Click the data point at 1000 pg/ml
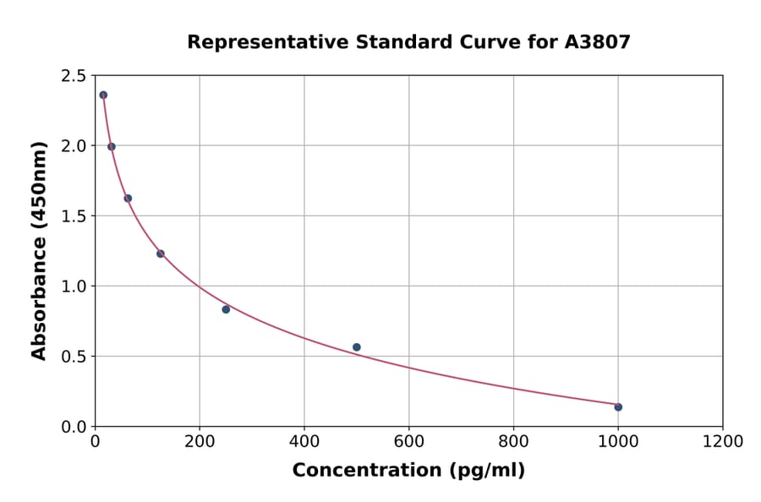[618, 407]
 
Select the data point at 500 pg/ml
[357, 347]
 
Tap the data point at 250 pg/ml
[226, 309]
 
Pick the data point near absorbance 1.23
[161, 254]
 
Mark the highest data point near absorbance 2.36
[103, 95]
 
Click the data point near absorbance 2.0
[112, 146]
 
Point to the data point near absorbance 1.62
[128, 199]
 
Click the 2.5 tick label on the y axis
[73, 76]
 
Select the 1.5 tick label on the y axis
[73, 216]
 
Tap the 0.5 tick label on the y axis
[73, 357]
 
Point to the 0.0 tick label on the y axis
[73, 427]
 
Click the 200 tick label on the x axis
[200, 442]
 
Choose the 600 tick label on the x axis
[408, 442]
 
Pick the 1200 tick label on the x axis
[722, 442]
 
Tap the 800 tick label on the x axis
[513, 442]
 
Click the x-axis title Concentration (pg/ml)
[408, 471]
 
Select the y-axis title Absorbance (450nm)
[39, 250]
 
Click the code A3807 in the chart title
[597, 42]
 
